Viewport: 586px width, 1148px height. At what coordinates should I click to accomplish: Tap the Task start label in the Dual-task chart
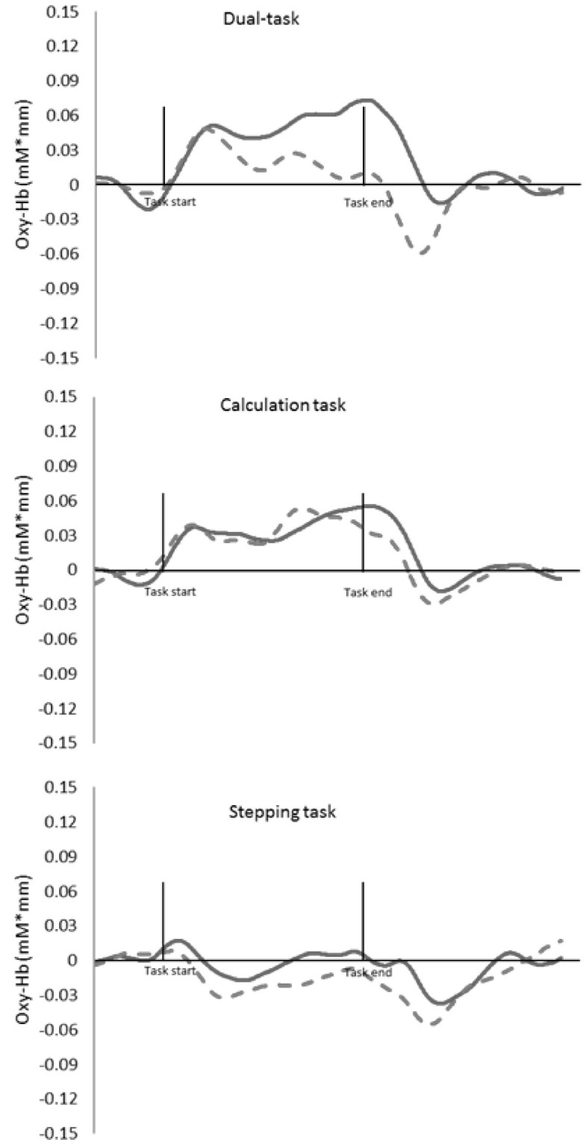coord(169,202)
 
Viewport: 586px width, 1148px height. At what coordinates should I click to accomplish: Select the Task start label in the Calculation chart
coord(169,592)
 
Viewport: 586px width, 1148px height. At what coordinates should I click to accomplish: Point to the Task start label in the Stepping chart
coord(169,970)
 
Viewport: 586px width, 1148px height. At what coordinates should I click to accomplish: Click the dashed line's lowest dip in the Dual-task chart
coord(423,254)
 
